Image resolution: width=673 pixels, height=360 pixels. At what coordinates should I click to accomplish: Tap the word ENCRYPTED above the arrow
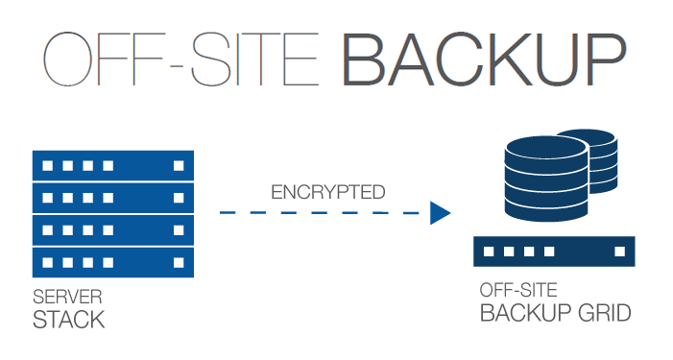328,192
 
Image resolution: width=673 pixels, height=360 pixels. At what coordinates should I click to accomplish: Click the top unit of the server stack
113,165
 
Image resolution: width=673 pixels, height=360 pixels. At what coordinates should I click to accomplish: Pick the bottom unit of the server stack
113,260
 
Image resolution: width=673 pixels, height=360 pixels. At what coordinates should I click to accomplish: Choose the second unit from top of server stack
113,197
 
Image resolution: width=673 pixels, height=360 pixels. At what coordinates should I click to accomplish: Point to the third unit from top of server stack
113,228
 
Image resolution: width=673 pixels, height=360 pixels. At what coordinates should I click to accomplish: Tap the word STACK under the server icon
69,319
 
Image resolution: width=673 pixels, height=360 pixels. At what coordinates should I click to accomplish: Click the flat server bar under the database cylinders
554,252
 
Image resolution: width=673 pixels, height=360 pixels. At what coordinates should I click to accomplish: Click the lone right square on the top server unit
178,165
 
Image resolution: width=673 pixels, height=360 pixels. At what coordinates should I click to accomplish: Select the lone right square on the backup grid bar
617,252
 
